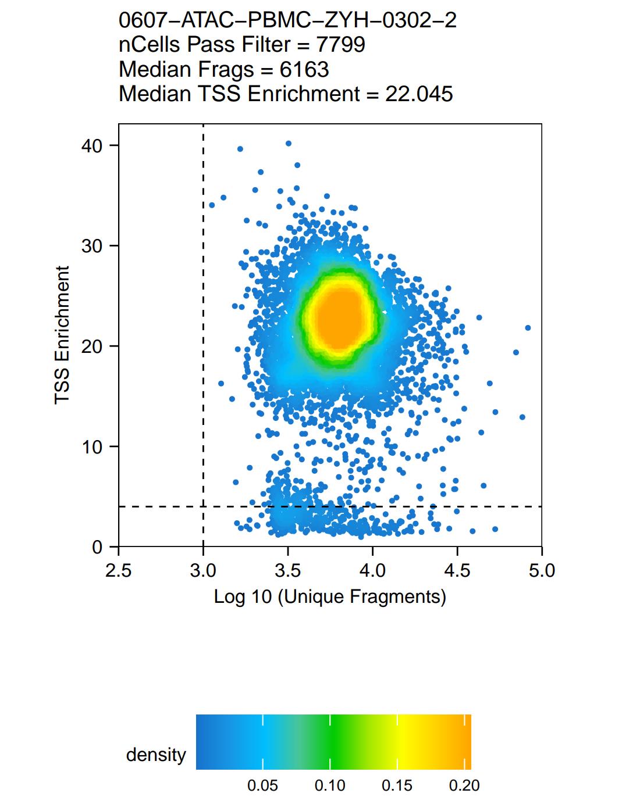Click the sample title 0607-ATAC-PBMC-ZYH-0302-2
point(287,20)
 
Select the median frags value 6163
point(304,69)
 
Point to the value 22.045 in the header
point(419,94)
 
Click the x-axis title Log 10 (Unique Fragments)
point(330,596)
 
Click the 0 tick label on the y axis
point(97,548)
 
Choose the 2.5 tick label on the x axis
point(119,571)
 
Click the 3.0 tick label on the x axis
point(203,571)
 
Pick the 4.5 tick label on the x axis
point(457,571)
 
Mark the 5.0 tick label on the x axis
point(542,571)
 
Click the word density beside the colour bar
point(156,755)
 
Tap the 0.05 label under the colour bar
point(263,786)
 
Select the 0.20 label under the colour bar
point(464,786)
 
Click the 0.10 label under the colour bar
point(330,786)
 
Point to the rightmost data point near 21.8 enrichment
point(528,328)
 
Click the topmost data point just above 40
point(288,143)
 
